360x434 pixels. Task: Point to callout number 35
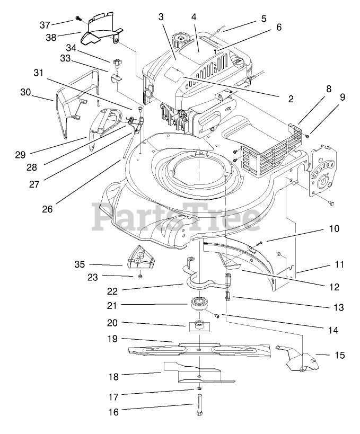coord(80,263)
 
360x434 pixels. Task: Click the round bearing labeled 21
coord(200,305)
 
